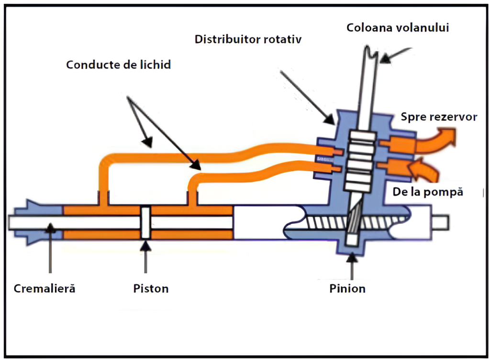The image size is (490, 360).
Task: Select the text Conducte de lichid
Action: pos(118,65)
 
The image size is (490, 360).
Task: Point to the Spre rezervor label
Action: pos(438,117)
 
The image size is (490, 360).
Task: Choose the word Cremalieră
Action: pos(45,289)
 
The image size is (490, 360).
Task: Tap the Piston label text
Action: pos(151,289)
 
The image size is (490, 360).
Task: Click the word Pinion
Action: pos(347,289)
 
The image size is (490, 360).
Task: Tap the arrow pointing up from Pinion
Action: pos(353,265)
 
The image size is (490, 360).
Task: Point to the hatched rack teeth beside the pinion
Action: pos(325,223)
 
